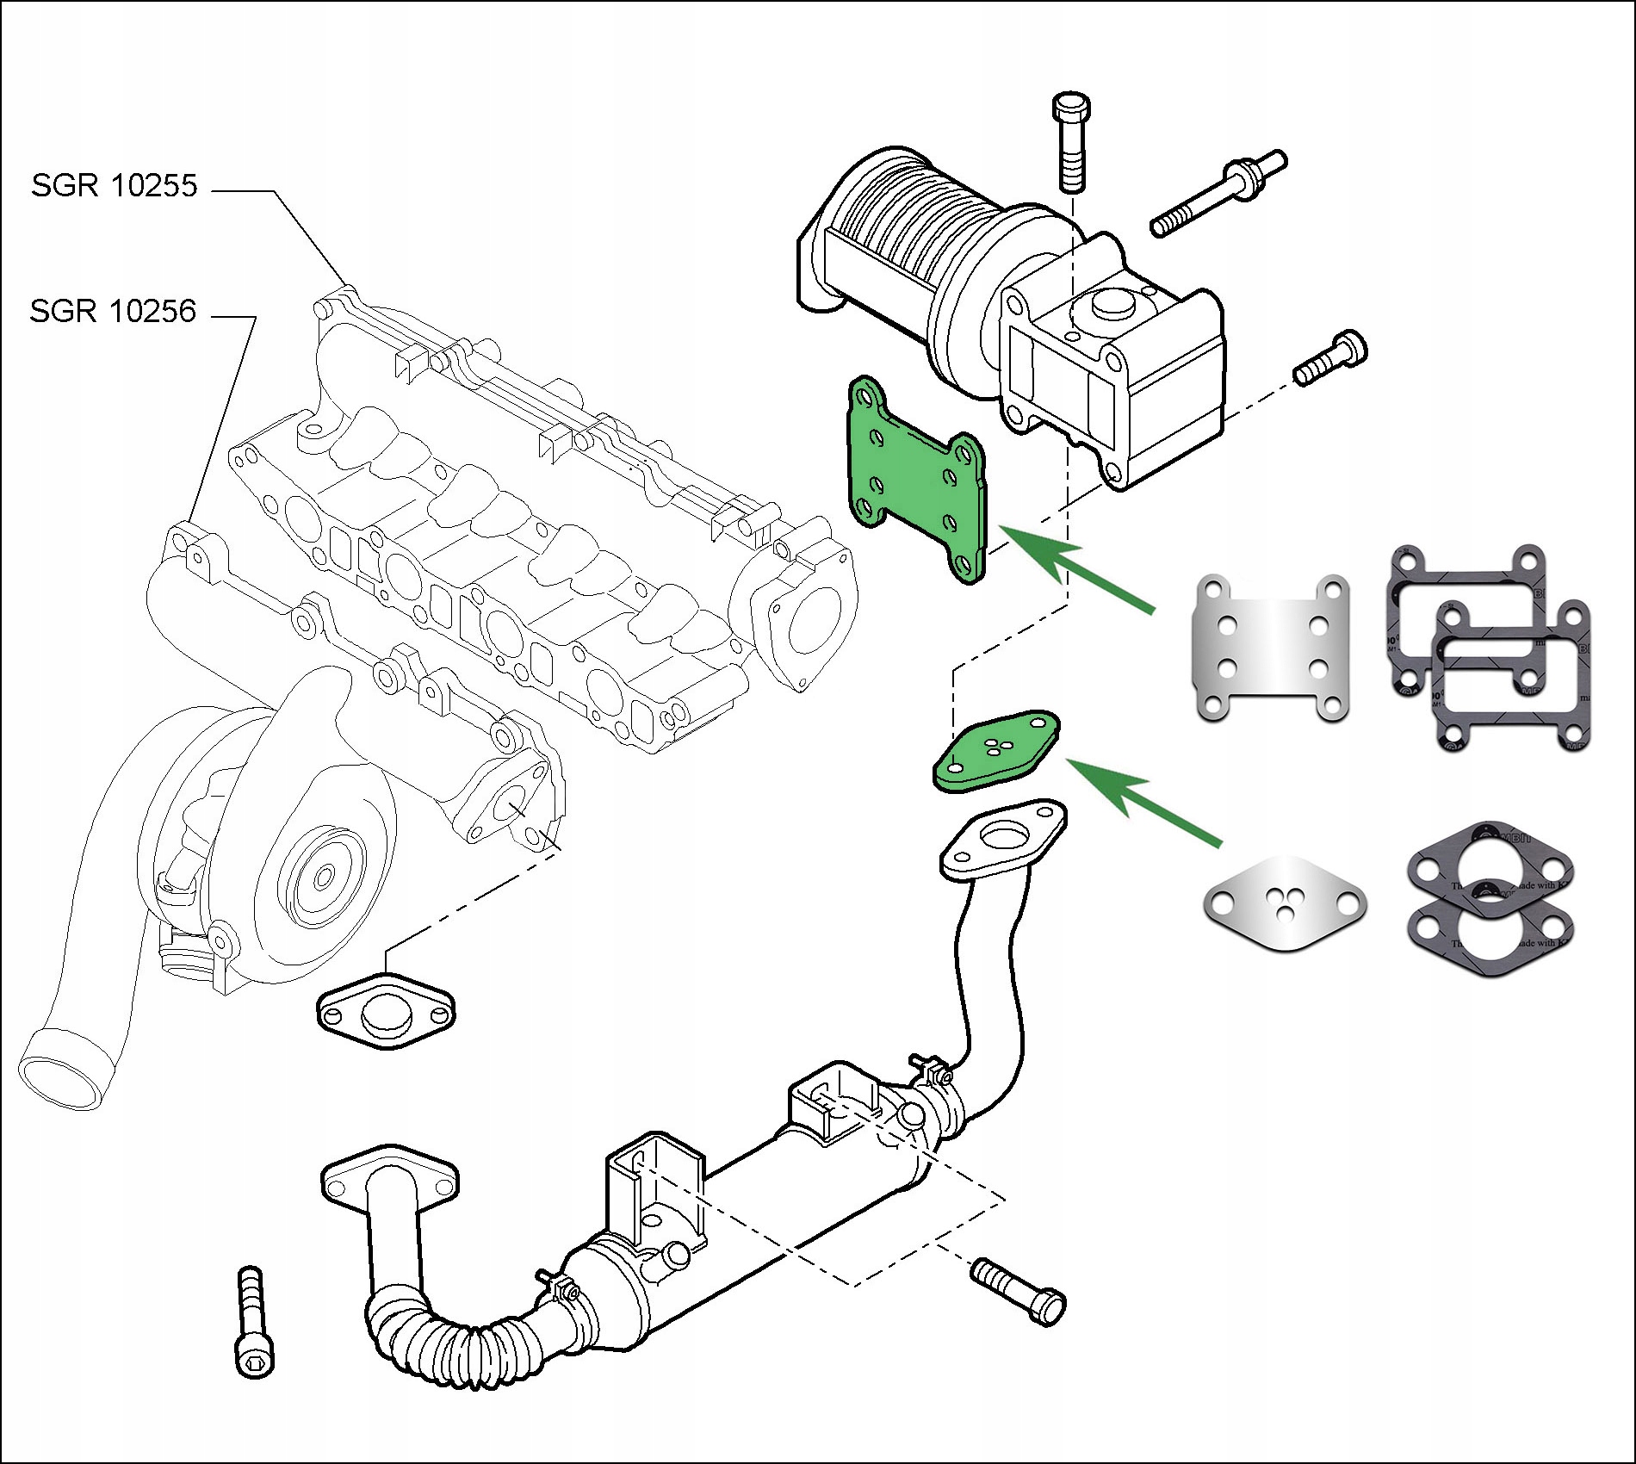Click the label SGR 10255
[115, 186]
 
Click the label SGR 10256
[113, 311]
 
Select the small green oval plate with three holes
[996, 750]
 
